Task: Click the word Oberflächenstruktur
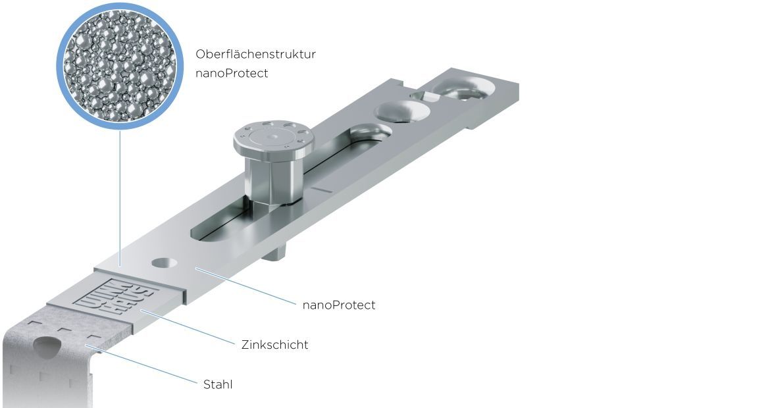pos(255,53)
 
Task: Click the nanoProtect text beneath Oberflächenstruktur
pos(232,73)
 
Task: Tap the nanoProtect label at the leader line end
pos(339,305)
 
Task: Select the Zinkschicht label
pos(274,344)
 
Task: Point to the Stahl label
pos(218,384)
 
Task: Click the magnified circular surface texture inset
pos(120,66)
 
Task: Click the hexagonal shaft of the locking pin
pos(272,177)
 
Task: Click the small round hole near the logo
pos(165,263)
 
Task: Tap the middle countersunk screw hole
pos(403,111)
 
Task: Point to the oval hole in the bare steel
pos(47,346)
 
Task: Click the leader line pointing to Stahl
pos(142,365)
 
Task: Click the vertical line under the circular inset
pos(120,198)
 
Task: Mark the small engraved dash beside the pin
pos(320,189)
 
